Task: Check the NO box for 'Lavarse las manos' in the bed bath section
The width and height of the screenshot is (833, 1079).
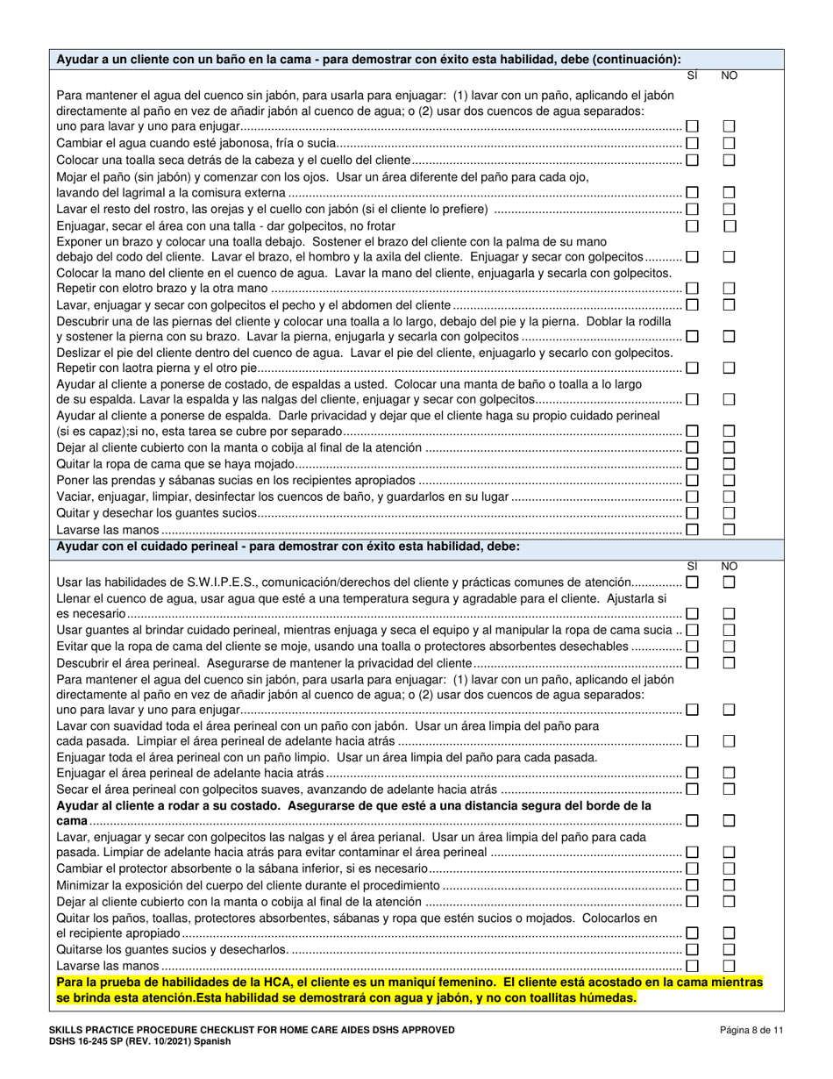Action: [729, 530]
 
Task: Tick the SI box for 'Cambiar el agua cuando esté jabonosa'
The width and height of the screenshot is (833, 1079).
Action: [693, 143]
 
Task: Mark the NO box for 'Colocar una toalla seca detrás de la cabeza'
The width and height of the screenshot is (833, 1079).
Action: [729, 160]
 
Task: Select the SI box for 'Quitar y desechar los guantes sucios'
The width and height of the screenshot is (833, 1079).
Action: [693, 513]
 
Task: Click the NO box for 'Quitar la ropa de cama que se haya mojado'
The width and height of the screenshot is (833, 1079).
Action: [729, 464]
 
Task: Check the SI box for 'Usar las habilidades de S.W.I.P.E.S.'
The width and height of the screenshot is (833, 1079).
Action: [693, 582]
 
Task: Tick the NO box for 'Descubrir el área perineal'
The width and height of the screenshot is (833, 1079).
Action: [729, 662]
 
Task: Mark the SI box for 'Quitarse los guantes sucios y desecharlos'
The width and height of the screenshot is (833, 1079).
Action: [693, 949]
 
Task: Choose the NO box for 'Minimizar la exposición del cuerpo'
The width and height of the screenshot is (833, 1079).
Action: [729, 885]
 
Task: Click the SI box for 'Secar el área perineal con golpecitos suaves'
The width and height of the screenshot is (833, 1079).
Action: [693, 789]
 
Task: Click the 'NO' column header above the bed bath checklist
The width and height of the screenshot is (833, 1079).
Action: [729, 76]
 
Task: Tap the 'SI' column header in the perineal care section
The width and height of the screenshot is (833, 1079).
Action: [692, 566]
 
